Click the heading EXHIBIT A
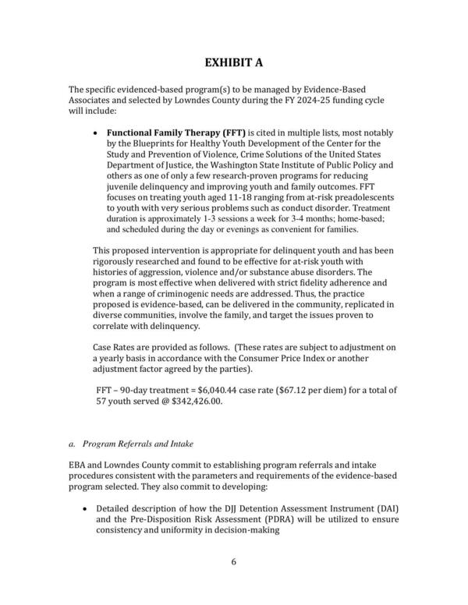(x=234, y=62)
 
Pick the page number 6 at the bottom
(x=234, y=561)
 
